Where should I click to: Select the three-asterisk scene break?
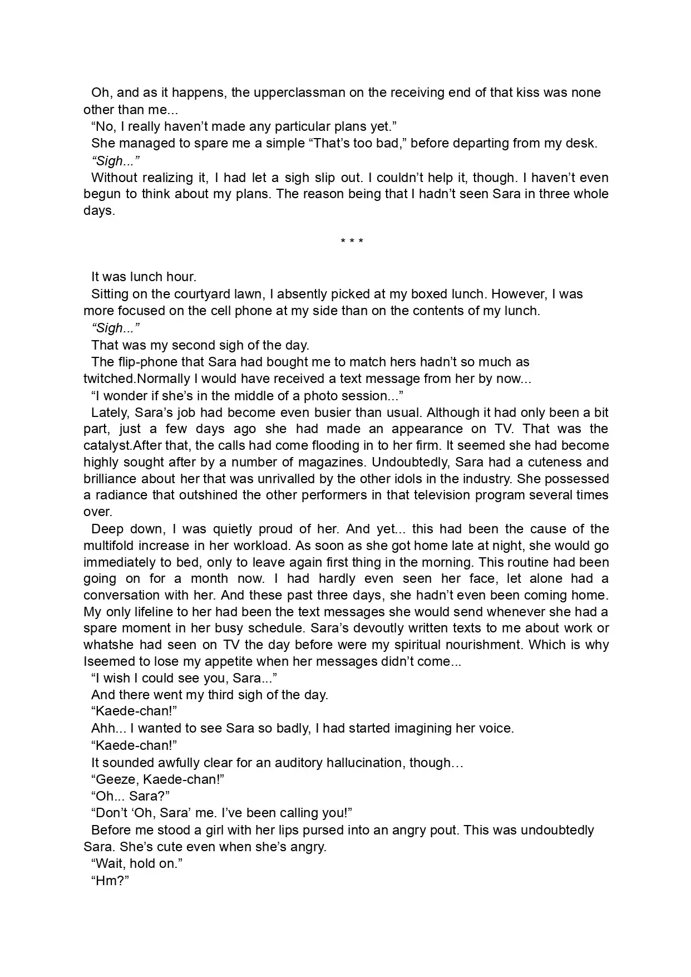click(352, 242)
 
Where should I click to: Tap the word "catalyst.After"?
click(123, 445)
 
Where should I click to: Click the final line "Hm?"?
click(110, 881)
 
